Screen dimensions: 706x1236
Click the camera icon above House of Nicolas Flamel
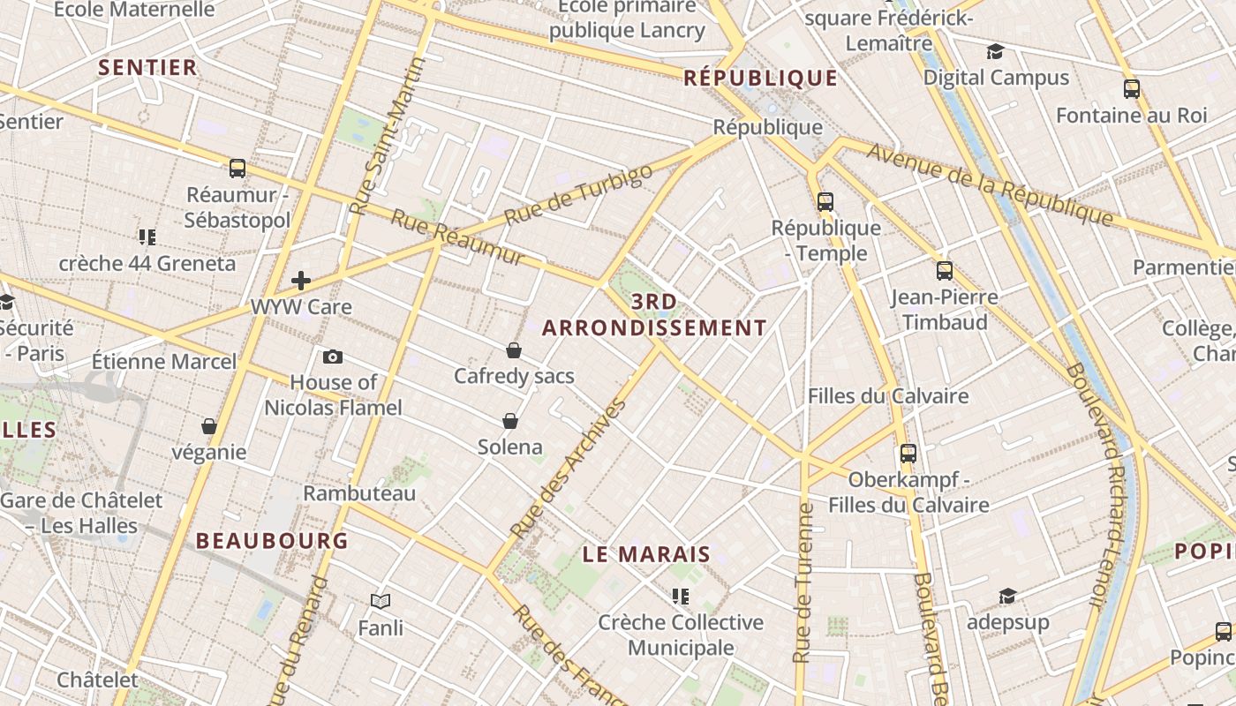[x=333, y=357]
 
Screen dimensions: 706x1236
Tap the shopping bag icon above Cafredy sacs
[x=514, y=350]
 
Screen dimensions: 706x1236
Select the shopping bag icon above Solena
[x=509, y=420]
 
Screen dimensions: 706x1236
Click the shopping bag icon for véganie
[x=209, y=426]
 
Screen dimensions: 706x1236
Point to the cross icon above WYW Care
[x=301, y=281]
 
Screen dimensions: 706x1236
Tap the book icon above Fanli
[x=381, y=601]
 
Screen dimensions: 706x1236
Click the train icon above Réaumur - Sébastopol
[x=237, y=168]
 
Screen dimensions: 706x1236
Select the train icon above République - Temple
[x=825, y=201]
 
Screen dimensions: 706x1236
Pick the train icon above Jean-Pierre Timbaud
[x=945, y=271]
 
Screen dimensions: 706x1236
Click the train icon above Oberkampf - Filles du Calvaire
[x=908, y=454]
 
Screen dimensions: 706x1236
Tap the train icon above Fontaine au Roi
[x=1132, y=88]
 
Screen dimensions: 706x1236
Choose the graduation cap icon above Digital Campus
[x=996, y=51]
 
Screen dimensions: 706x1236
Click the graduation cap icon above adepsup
[x=1007, y=596]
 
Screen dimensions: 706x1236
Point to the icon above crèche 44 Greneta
[x=147, y=237]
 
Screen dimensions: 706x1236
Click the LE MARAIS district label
[x=646, y=554]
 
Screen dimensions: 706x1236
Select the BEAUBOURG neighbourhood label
[x=272, y=540]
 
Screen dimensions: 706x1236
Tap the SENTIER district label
[x=147, y=67]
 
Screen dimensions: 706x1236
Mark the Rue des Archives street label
[x=569, y=469]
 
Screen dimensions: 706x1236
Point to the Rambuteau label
[x=359, y=492]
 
